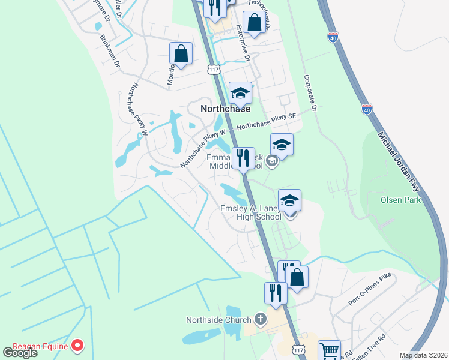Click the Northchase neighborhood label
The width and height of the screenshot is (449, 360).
coord(224,109)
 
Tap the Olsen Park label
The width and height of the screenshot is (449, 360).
coord(400,200)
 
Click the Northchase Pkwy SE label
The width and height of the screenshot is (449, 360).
coord(267,122)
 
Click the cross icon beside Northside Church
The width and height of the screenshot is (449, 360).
coord(260,319)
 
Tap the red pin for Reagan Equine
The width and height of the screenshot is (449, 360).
coord(77,345)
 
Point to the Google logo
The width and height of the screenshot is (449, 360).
coord(20,352)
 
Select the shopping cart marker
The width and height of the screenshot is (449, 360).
coord(329,350)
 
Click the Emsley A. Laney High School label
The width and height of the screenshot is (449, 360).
coord(250,212)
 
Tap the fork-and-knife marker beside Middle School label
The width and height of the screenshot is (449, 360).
coord(243,158)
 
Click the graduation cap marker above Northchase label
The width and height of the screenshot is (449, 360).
coord(240,92)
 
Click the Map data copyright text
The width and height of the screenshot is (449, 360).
coord(423,355)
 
